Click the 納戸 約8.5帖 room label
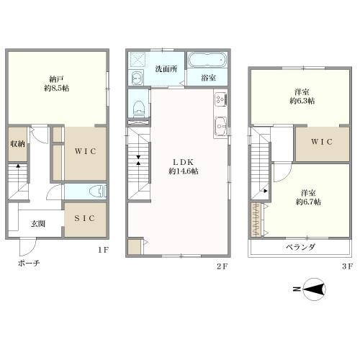click(57, 84)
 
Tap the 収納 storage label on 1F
click(17, 144)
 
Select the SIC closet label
click(85, 218)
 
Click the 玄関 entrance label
click(38, 224)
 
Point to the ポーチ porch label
click(29, 264)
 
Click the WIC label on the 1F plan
click(86, 151)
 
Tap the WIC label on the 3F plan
click(322, 142)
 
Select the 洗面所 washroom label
click(166, 69)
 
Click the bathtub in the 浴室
click(207, 60)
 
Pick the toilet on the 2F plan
click(139, 107)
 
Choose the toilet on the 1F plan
click(98, 192)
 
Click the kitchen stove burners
click(220, 99)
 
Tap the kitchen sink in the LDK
click(220, 127)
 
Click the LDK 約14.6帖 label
click(184, 166)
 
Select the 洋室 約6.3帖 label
click(302, 96)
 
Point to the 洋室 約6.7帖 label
click(308, 197)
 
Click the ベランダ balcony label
click(300, 247)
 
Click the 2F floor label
click(222, 266)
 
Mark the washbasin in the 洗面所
click(137, 78)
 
